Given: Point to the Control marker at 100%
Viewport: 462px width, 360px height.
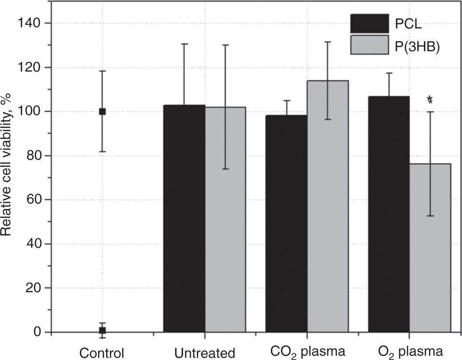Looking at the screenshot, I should [x=102, y=111].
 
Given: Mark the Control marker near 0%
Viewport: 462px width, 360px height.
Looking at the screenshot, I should [x=102, y=330].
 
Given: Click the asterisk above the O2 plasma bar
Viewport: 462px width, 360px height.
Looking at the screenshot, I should [x=430, y=100].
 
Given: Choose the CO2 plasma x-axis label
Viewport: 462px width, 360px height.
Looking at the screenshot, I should [x=307, y=352].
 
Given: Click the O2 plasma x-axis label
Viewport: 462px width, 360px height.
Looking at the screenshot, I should [x=409, y=352].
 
